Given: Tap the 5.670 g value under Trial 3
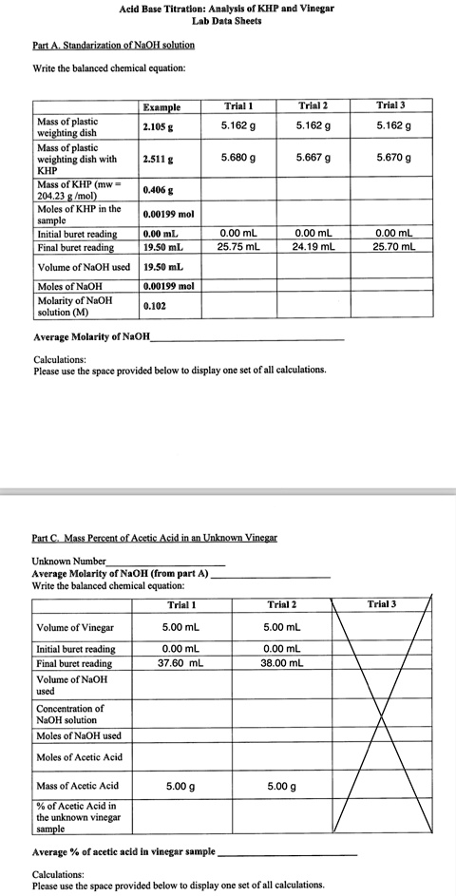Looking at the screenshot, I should click(x=392, y=158).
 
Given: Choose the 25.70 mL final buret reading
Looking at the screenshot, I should click(x=393, y=247).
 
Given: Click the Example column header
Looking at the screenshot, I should click(x=161, y=107).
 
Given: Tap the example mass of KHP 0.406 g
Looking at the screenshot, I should click(x=158, y=190).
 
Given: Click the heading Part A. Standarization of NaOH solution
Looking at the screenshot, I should click(x=113, y=45).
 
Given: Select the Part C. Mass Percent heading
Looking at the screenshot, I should click(x=154, y=538).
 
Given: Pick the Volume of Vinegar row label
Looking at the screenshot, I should click(x=74, y=627).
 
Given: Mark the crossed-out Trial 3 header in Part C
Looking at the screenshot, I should click(x=381, y=604).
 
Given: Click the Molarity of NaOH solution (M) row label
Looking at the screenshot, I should click(x=74, y=307).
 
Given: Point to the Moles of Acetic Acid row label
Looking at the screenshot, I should click(x=79, y=756).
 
